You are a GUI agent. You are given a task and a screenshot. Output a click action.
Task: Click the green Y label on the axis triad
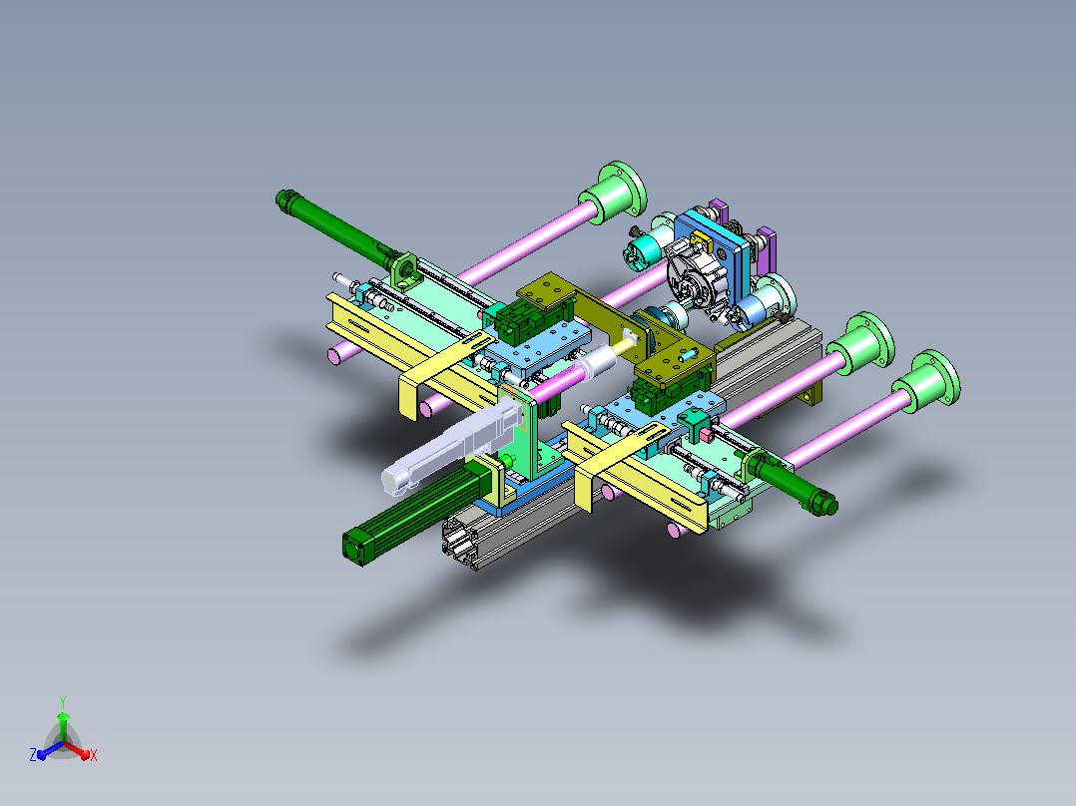63,701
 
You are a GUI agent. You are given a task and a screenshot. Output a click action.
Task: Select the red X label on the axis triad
94,755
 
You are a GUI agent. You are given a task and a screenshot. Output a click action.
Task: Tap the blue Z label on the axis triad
33,754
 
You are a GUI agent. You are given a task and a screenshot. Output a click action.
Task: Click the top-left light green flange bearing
613,193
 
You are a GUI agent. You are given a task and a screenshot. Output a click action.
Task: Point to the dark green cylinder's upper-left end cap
284,200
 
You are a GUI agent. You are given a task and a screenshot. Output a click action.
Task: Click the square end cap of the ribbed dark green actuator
354,546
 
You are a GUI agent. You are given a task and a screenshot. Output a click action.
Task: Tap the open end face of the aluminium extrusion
460,546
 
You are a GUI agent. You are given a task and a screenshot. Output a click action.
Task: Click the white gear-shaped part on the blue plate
696,279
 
